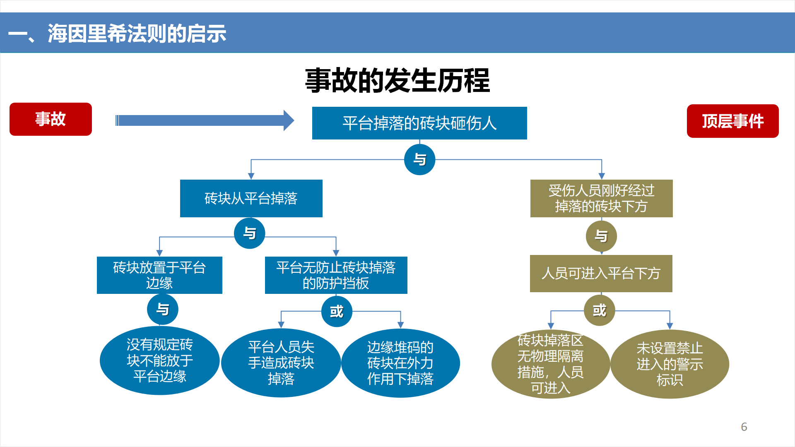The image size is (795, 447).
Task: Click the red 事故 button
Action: (51, 119)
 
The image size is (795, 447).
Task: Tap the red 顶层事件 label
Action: (732, 121)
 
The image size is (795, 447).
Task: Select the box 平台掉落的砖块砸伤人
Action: (419, 123)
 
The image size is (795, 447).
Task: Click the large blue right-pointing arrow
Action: (205, 120)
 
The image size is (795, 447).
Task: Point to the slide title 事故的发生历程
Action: (397, 80)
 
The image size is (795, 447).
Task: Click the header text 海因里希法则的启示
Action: (137, 34)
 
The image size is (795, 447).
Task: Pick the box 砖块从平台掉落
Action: (251, 198)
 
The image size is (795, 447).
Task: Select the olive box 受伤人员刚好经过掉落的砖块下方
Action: (601, 198)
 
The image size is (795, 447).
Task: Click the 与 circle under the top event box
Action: (419, 159)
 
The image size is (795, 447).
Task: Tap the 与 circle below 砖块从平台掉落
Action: (249, 233)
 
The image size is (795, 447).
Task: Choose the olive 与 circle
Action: (601, 236)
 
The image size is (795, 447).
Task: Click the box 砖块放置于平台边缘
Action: (159, 275)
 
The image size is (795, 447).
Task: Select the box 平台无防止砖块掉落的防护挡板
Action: (336, 275)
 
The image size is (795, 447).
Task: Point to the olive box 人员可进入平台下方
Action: (601, 274)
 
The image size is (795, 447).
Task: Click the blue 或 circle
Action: (337, 311)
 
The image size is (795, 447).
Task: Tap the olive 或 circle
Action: (599, 310)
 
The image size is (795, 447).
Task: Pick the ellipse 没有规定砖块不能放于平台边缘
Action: (160, 360)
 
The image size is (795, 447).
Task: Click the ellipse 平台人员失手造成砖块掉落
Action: (281, 363)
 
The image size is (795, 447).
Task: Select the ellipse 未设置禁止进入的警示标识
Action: (670, 364)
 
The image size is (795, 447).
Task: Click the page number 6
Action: (744, 427)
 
